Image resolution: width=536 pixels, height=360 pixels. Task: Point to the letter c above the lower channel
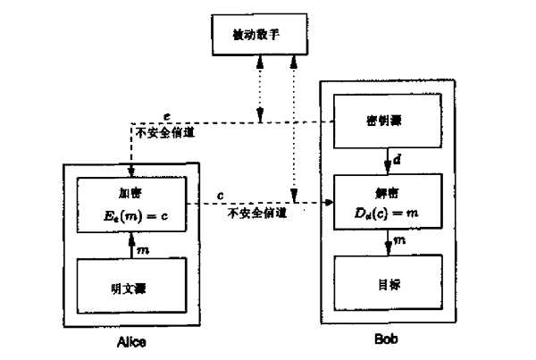(220, 192)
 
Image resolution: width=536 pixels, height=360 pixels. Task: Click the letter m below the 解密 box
(398, 240)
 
